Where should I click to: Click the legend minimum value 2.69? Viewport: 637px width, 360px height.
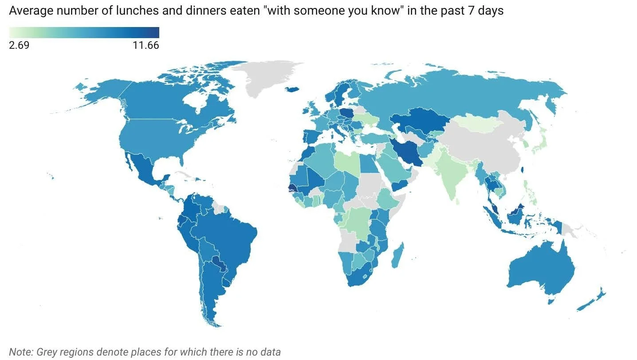click(19, 45)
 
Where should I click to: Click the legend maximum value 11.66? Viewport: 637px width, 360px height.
click(145, 45)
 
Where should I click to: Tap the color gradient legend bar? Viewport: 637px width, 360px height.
click(84, 32)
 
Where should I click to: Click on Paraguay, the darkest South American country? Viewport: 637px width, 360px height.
click(218, 263)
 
